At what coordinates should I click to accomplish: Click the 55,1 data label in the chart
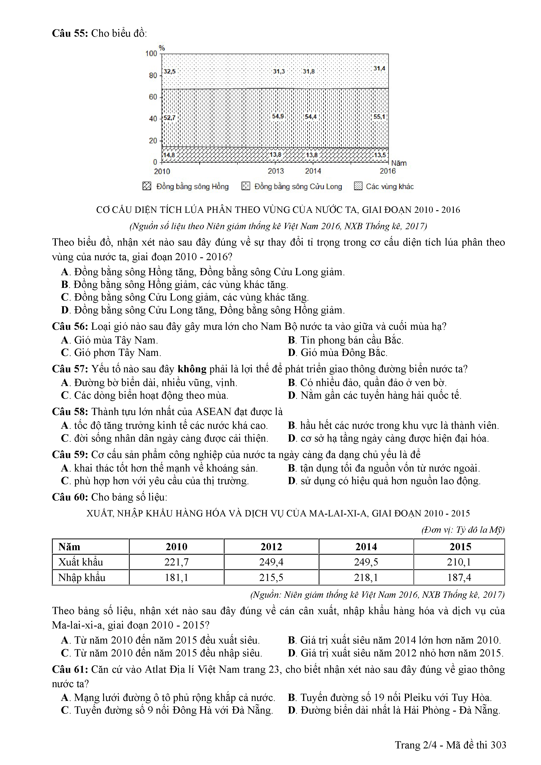379,117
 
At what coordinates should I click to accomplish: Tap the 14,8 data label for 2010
169,155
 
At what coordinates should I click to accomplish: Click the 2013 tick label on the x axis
276,171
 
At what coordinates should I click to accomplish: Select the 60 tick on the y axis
153,97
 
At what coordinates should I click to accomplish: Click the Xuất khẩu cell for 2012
271,562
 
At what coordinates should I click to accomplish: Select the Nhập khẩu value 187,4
459,577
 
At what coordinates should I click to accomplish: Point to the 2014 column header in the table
366,547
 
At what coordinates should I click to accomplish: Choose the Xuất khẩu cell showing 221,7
177,562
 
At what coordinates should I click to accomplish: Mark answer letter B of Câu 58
292,425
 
